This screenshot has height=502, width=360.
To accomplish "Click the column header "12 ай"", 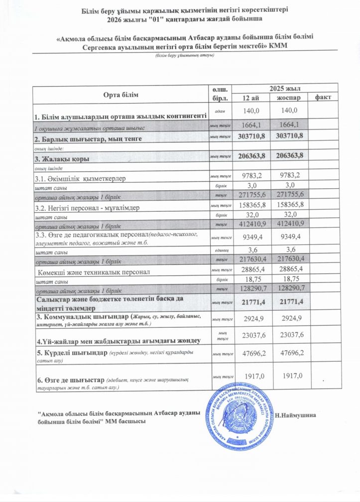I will (x=251, y=97).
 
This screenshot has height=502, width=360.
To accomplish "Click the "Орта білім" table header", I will (x=121, y=95).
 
